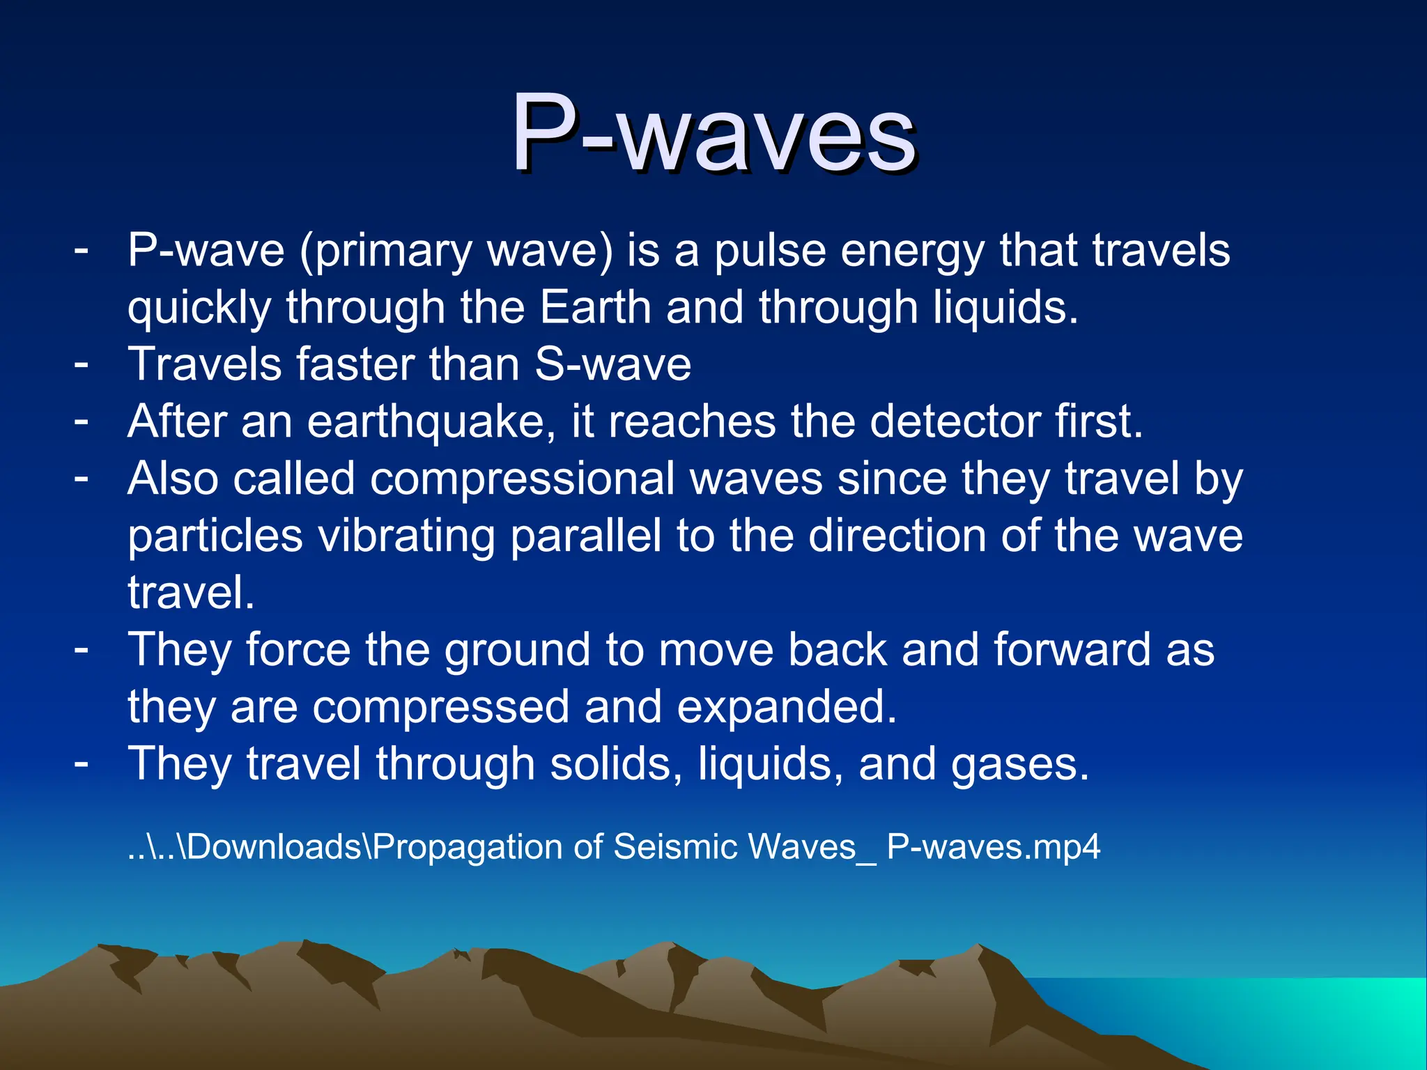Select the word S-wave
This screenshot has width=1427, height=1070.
click(613, 364)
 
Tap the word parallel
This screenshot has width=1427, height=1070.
click(585, 536)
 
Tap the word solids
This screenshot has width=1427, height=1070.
click(616, 764)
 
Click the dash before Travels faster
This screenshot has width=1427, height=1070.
click(82, 363)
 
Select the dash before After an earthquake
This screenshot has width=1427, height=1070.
click(82, 420)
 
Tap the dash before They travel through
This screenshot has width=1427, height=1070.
click(82, 763)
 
